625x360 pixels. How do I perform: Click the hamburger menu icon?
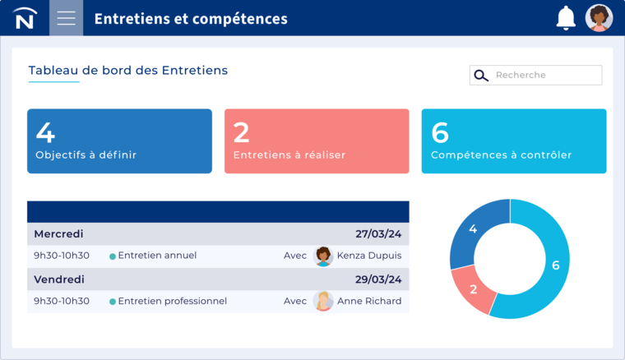point(66,18)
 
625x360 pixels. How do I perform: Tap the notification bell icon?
point(566,18)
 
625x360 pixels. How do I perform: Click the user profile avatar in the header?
point(599,18)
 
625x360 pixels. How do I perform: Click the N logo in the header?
point(25,18)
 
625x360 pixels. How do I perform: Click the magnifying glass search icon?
point(482,76)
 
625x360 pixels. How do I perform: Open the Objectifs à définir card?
point(119,141)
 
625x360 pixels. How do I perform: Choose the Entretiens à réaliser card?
point(317,141)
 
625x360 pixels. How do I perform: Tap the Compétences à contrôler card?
point(514,141)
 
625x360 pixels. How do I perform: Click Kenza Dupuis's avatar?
point(323,256)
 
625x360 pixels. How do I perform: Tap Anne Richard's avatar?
point(323,301)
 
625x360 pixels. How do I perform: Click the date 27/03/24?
point(378,234)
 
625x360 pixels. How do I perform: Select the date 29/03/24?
point(378,279)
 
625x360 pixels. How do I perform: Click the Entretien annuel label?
point(157,256)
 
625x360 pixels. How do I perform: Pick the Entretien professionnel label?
point(172,301)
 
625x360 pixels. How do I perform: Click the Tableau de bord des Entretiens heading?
point(127,71)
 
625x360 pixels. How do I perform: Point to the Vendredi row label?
point(59,279)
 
